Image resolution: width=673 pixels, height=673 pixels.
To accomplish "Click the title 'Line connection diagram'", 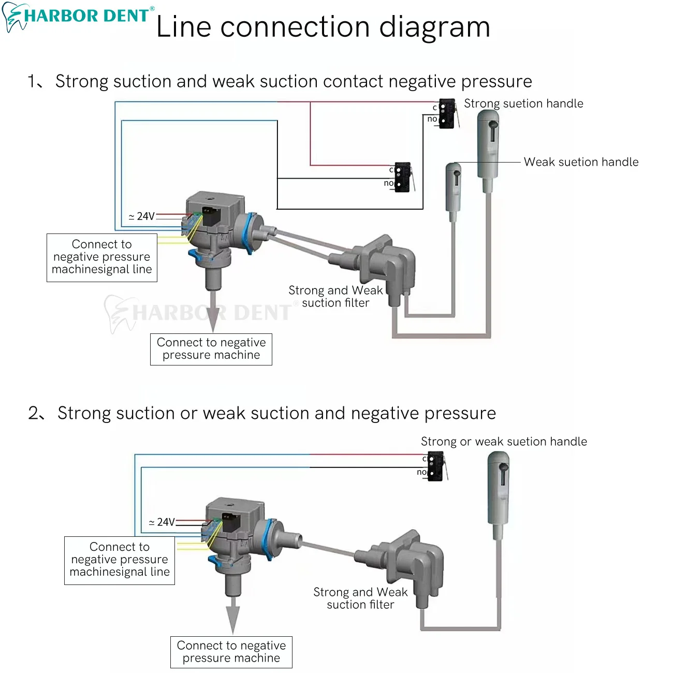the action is click(323, 27).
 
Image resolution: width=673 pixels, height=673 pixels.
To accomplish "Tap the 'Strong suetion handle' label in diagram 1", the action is click(523, 104).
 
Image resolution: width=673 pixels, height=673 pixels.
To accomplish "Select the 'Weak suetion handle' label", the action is click(581, 162).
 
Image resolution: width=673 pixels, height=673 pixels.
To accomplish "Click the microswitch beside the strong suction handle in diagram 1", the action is click(448, 113).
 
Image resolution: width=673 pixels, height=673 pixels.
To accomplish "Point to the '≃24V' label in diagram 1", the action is click(141, 216).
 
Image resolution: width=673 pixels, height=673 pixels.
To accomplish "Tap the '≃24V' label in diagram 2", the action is click(162, 522).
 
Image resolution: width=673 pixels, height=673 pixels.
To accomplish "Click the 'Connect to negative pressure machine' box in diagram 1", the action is click(211, 349).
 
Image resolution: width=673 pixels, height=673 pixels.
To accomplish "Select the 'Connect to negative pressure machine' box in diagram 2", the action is click(231, 652).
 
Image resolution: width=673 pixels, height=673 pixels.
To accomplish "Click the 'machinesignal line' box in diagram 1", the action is click(102, 258).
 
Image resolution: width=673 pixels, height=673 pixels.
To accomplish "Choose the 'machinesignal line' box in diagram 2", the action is click(120, 561).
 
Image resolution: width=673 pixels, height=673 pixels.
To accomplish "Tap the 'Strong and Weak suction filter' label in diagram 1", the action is click(335, 297).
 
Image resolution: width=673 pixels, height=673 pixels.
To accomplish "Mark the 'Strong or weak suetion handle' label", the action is click(504, 442).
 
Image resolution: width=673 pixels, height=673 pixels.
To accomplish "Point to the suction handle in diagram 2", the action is click(499, 495).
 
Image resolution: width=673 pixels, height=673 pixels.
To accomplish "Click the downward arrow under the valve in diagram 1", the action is click(213, 312).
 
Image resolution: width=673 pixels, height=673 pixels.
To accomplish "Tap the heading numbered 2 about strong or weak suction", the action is click(262, 414).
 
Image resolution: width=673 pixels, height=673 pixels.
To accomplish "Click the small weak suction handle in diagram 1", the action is click(453, 192).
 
